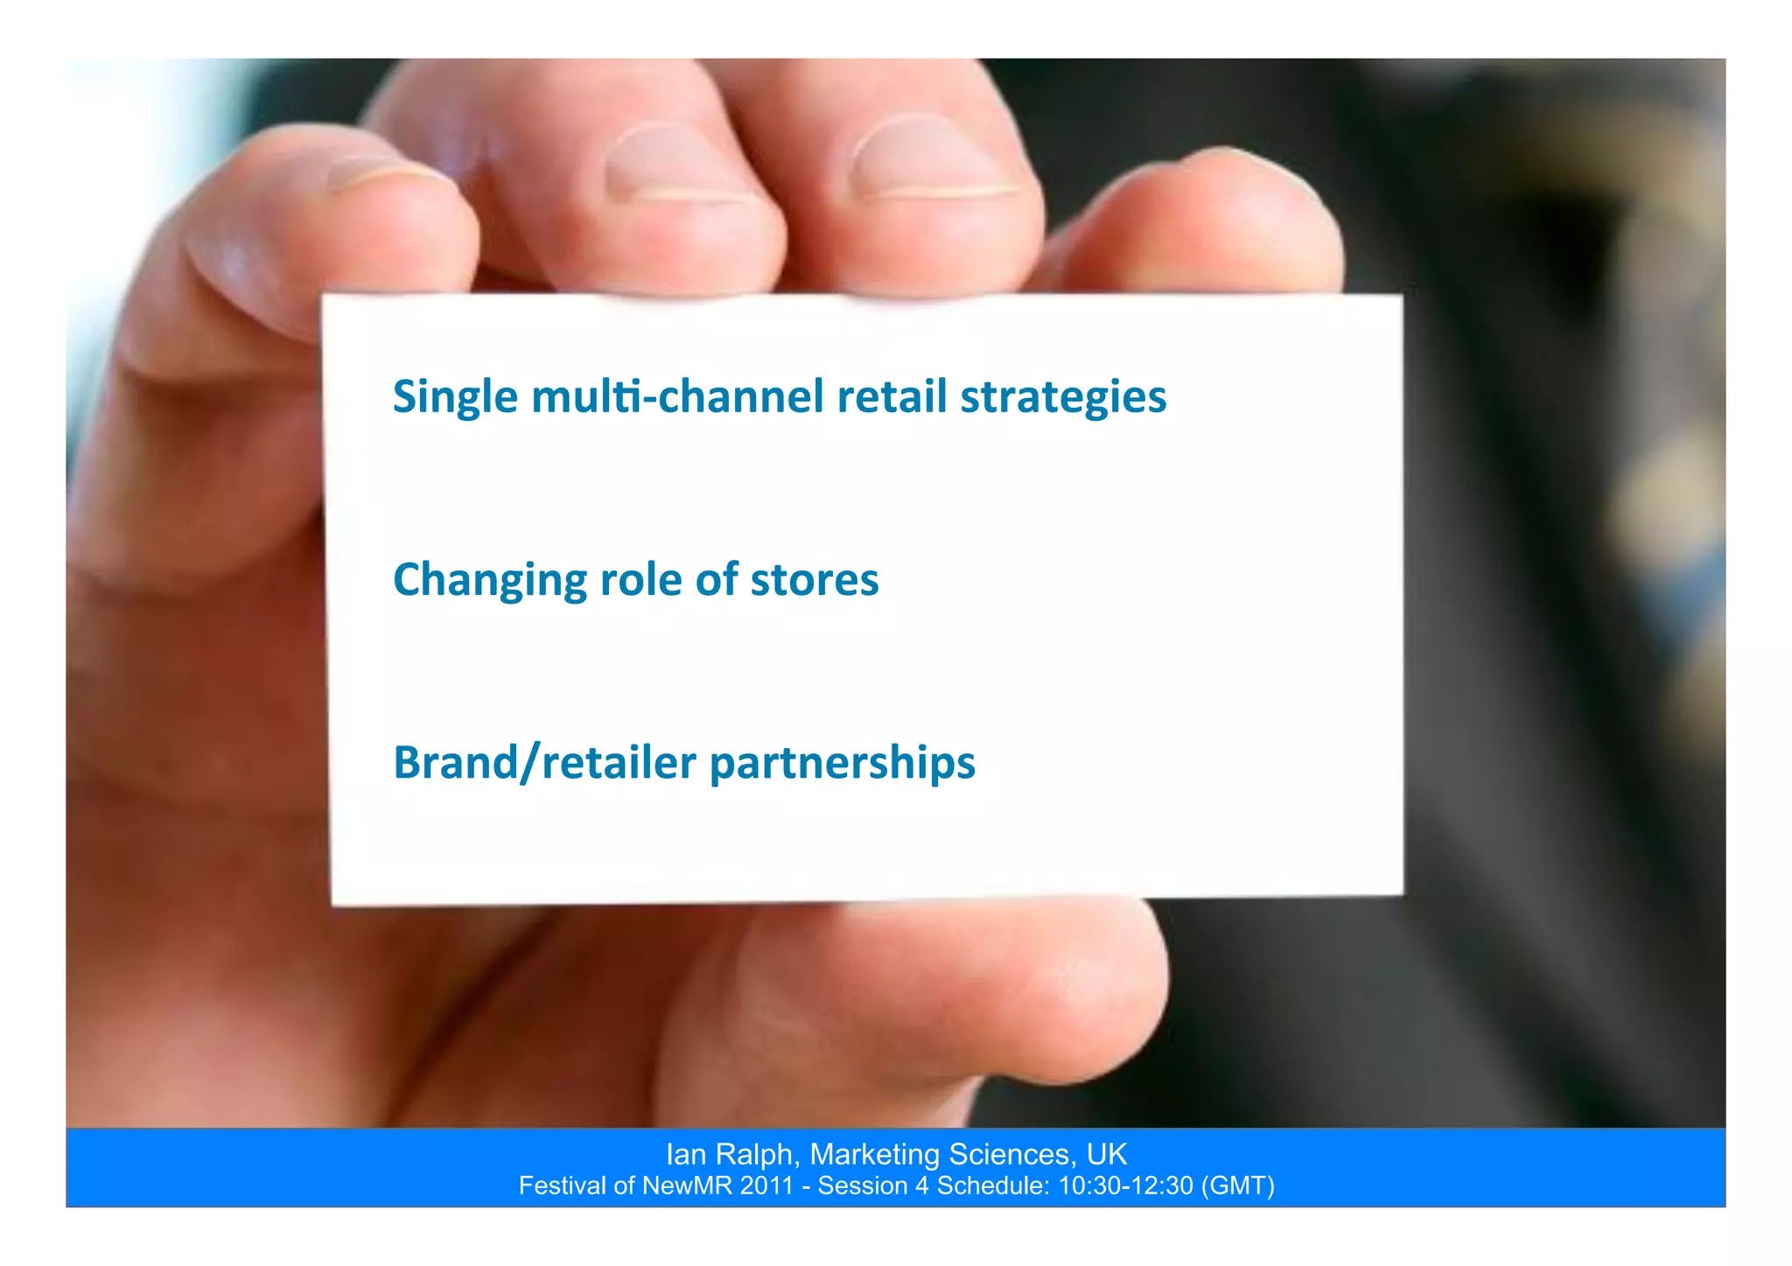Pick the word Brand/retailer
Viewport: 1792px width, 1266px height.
[x=544, y=763]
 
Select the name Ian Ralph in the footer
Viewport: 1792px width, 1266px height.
[x=730, y=1155]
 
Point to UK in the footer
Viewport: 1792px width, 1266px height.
[x=1107, y=1155]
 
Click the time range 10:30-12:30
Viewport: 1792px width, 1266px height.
[x=1125, y=1186]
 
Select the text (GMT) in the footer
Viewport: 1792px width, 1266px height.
[x=1238, y=1186]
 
